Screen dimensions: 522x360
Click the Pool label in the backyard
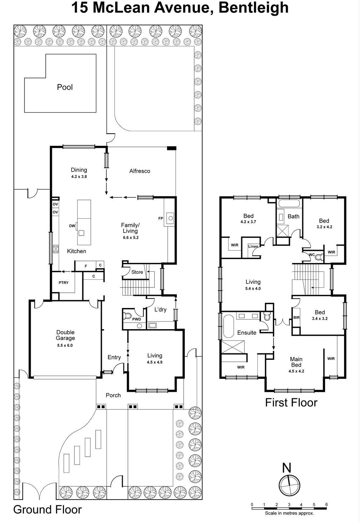click(65, 87)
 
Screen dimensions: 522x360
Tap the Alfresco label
click(140, 171)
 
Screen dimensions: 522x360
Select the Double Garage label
click(65, 335)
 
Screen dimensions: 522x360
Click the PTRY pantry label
click(64, 283)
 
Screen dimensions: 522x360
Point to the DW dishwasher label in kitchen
click(72, 226)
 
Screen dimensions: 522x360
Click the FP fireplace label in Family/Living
click(161, 218)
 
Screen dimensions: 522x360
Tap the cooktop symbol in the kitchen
click(56, 249)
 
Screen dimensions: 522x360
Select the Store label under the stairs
click(137, 272)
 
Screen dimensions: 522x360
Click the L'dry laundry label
click(160, 309)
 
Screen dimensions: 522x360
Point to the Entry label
click(114, 357)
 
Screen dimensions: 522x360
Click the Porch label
click(113, 395)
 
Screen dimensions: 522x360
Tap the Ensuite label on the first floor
click(247, 332)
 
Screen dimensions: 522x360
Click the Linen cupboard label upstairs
click(253, 246)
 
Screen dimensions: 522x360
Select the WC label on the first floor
click(311, 254)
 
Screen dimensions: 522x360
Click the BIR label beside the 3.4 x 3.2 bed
click(296, 317)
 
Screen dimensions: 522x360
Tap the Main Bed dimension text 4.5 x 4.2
click(296, 371)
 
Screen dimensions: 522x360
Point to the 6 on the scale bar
click(326, 504)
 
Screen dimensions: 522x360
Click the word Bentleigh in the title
click(253, 8)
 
